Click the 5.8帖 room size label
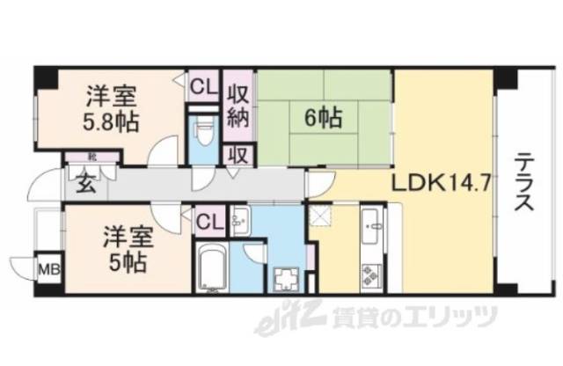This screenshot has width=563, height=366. pos(111,121)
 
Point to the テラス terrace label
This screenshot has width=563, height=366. pos(522,185)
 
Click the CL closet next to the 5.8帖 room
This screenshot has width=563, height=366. pos(202,86)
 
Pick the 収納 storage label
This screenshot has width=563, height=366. pos(238,105)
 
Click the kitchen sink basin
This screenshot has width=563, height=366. pos(372,231)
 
